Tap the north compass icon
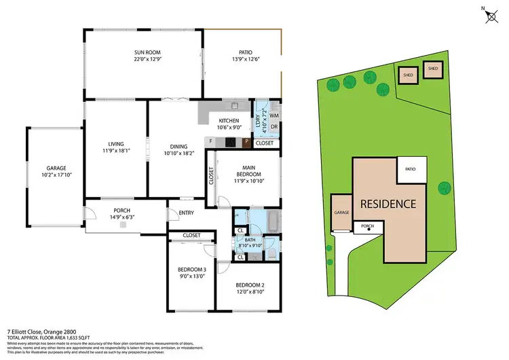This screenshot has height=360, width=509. point(491,16)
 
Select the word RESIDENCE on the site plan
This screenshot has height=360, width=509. point(388,203)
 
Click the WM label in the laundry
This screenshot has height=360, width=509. point(274,116)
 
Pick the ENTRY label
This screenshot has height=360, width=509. point(186,213)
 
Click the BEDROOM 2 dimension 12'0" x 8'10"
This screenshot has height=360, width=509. point(250,291)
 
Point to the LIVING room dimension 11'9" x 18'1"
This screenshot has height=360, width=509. point(114,150)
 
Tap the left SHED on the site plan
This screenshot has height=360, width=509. point(408,75)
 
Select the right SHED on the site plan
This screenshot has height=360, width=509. point(432,69)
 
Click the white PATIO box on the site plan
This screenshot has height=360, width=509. point(411,169)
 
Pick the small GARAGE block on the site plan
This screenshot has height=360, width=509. point(340,213)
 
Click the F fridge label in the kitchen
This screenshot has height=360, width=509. point(212,142)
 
